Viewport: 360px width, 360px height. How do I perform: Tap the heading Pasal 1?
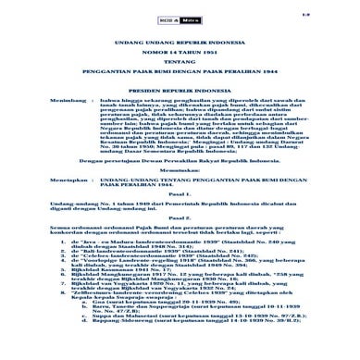[180, 264]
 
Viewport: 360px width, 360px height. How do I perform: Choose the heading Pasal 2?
[180, 295]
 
